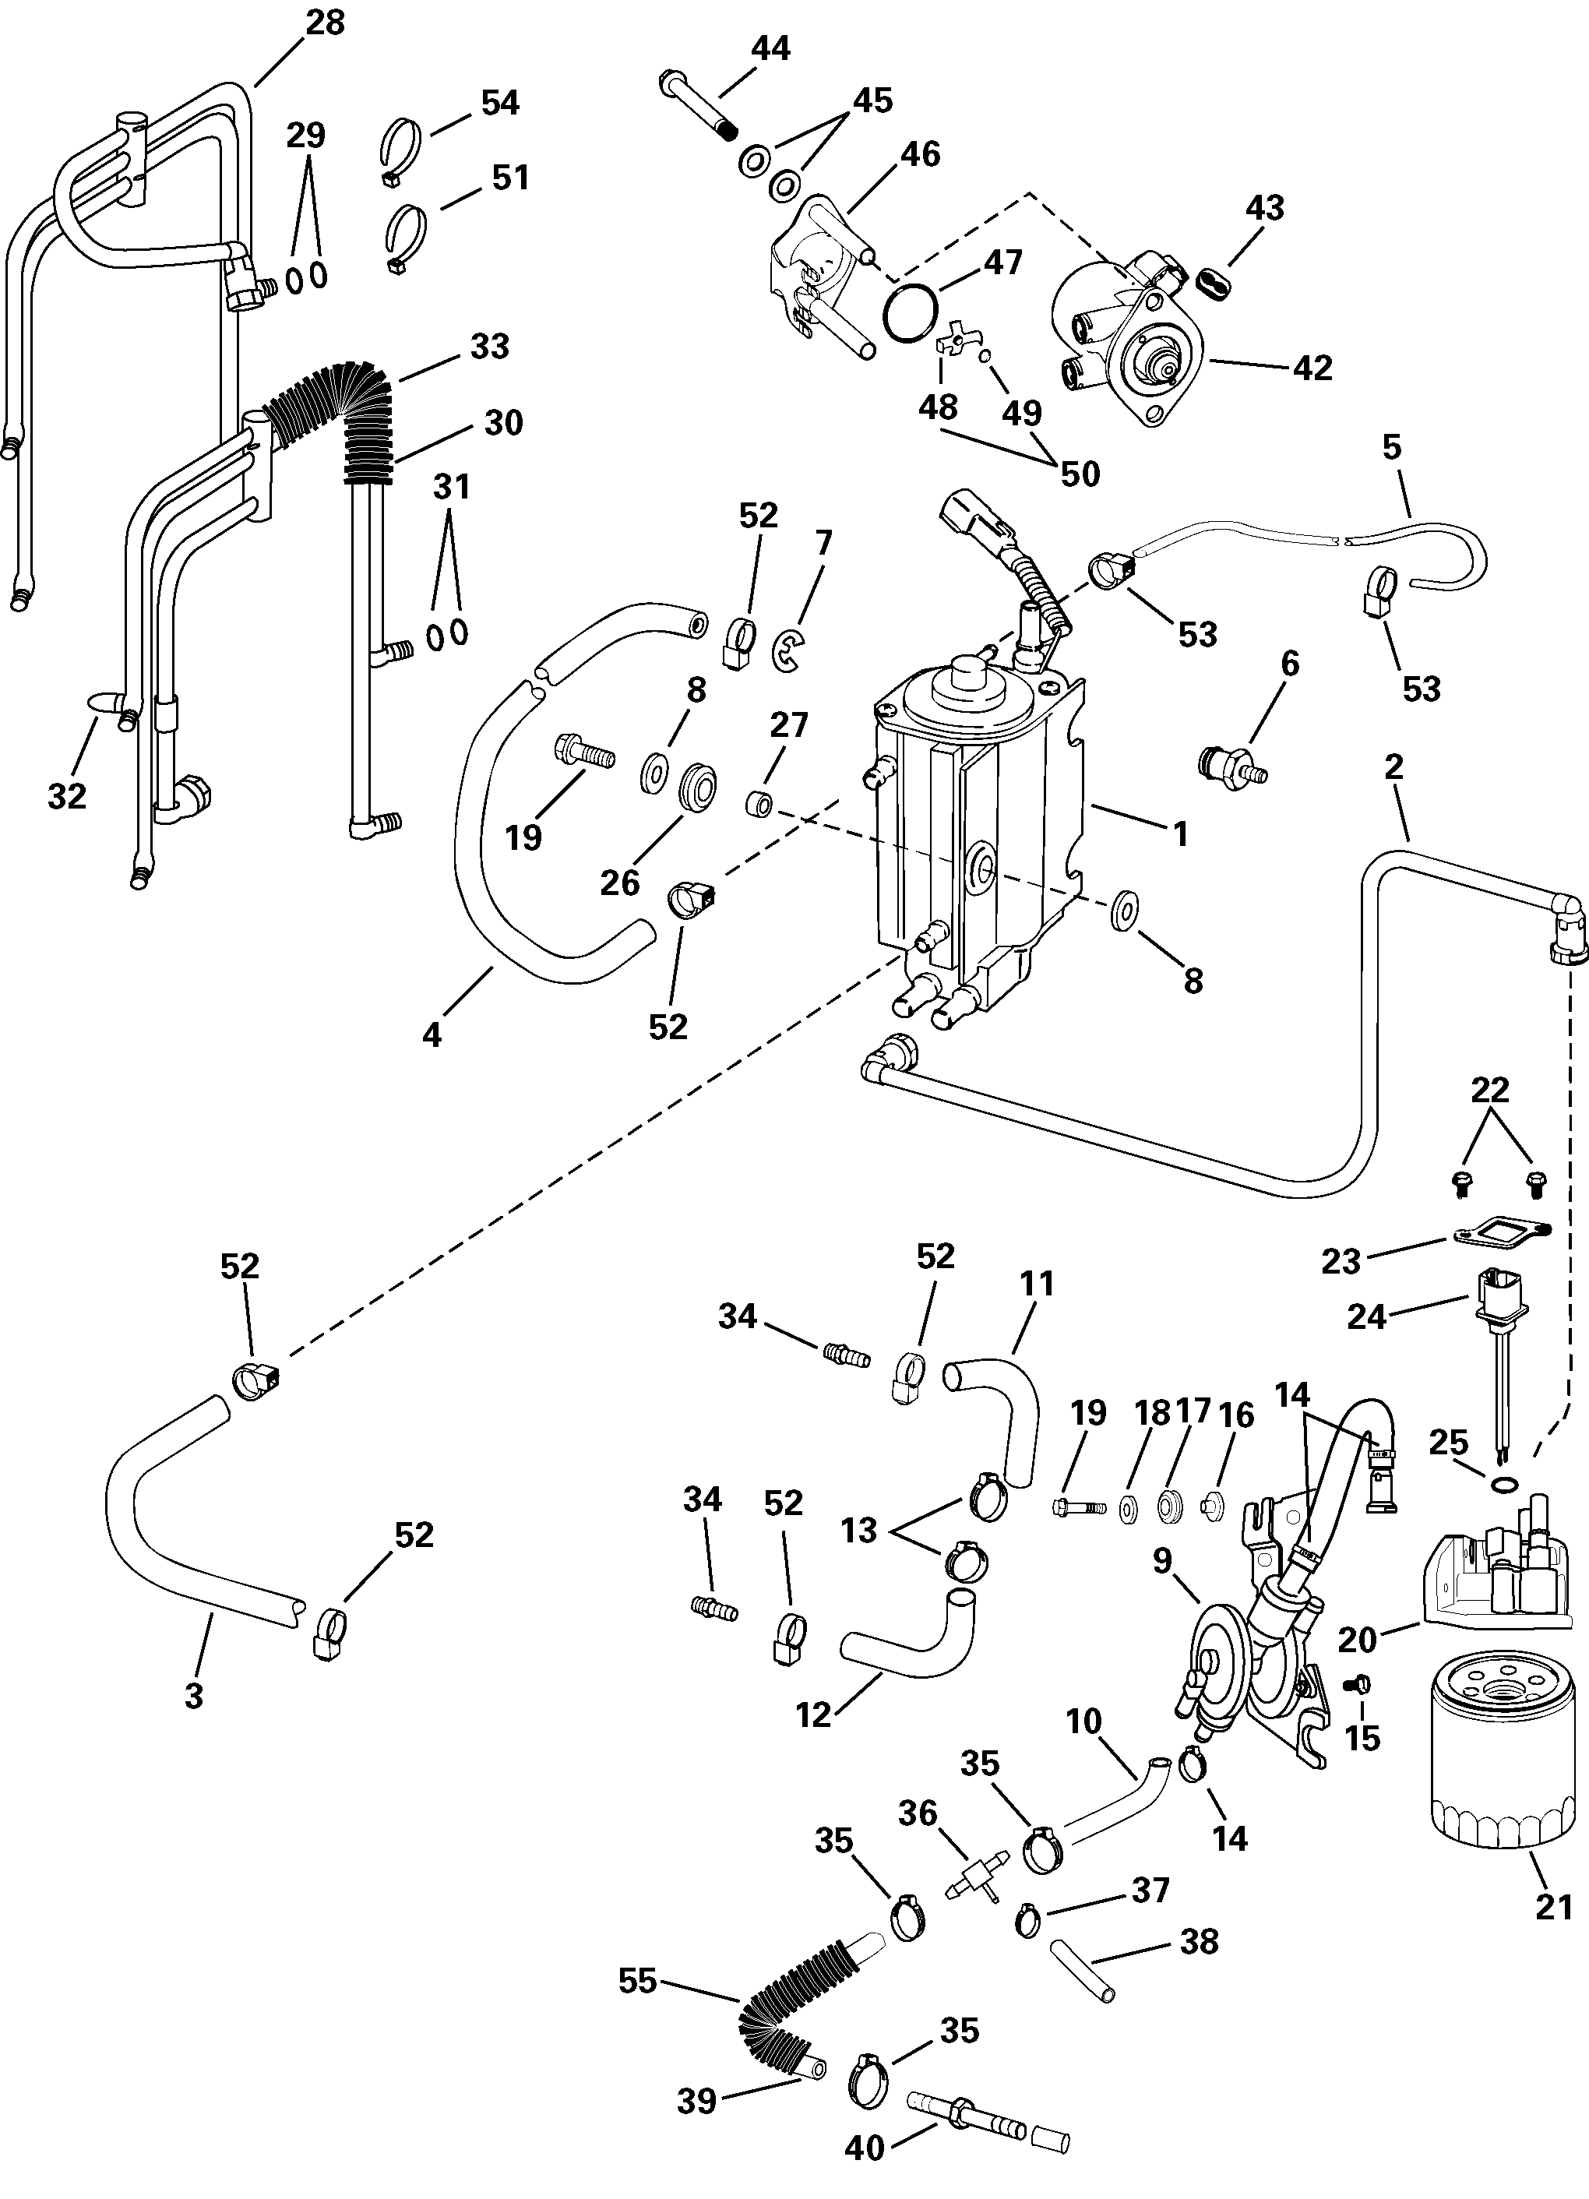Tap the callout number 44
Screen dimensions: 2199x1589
click(x=771, y=48)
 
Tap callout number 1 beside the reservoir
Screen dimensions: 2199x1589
click(x=1180, y=833)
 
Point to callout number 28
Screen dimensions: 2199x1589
click(x=325, y=23)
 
